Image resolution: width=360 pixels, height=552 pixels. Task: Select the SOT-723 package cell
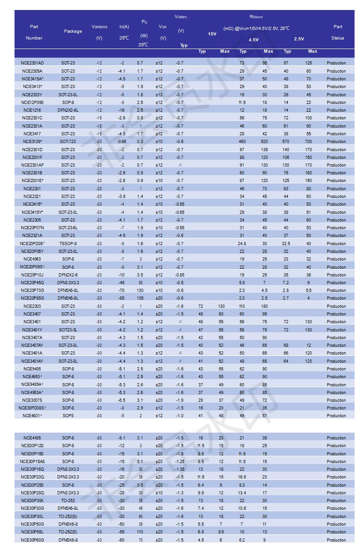point(68,142)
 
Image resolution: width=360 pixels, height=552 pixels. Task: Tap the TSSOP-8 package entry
point(68,244)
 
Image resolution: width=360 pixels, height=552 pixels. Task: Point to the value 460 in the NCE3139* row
point(242,142)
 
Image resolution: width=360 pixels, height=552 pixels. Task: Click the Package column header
point(73,31)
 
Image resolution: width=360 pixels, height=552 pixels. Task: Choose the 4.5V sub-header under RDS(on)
point(253,39)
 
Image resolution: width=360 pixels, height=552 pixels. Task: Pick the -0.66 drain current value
point(122,142)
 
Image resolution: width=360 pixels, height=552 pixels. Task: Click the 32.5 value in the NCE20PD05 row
point(286,244)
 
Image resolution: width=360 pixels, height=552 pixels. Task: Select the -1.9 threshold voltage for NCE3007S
point(180,400)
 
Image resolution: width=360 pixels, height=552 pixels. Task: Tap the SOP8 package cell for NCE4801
point(68,416)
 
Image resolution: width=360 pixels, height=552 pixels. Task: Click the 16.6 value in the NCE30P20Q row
point(242,477)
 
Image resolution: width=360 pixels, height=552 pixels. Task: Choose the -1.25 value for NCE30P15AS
point(180,462)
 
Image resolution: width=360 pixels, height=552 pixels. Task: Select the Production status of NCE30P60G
point(336,540)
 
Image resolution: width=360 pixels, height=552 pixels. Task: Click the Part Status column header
point(338,32)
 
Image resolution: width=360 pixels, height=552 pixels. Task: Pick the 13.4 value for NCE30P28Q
point(242,493)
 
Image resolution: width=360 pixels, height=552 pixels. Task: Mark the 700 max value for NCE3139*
point(309,142)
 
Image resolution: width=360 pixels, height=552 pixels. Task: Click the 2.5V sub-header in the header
point(299,39)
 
